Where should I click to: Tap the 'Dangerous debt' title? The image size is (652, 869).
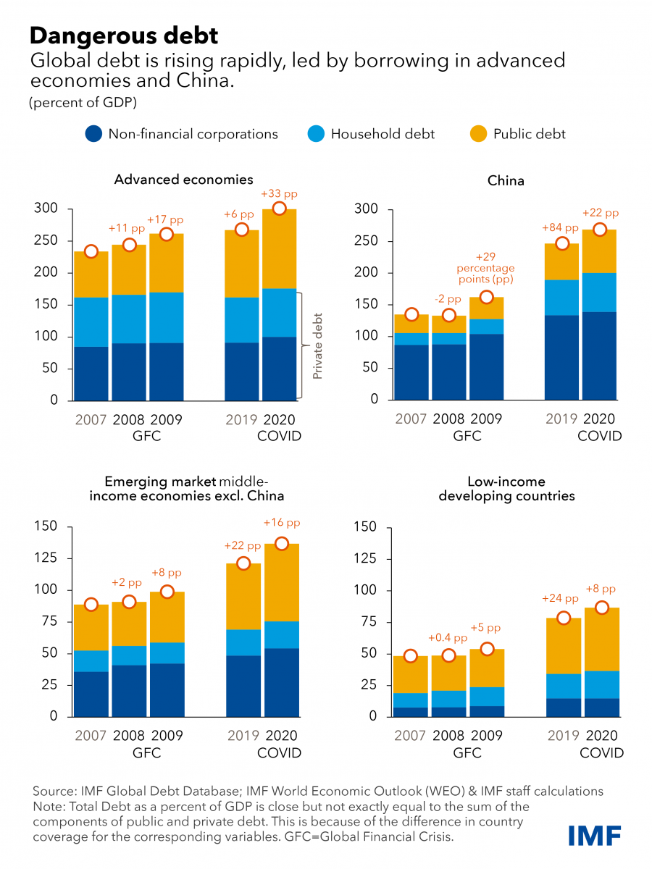(123, 34)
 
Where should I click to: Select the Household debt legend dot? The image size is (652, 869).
(314, 134)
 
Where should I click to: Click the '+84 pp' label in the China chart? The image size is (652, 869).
(561, 228)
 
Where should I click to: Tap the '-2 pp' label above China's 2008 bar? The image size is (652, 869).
(451, 299)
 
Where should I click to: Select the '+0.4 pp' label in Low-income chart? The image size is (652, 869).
(448, 639)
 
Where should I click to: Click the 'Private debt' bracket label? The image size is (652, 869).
(317, 346)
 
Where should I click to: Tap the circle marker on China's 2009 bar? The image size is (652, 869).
(487, 298)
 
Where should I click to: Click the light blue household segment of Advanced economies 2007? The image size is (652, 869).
(91, 322)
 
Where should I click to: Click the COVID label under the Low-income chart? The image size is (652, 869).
(601, 752)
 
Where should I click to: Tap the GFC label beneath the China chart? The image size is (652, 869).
(467, 436)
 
